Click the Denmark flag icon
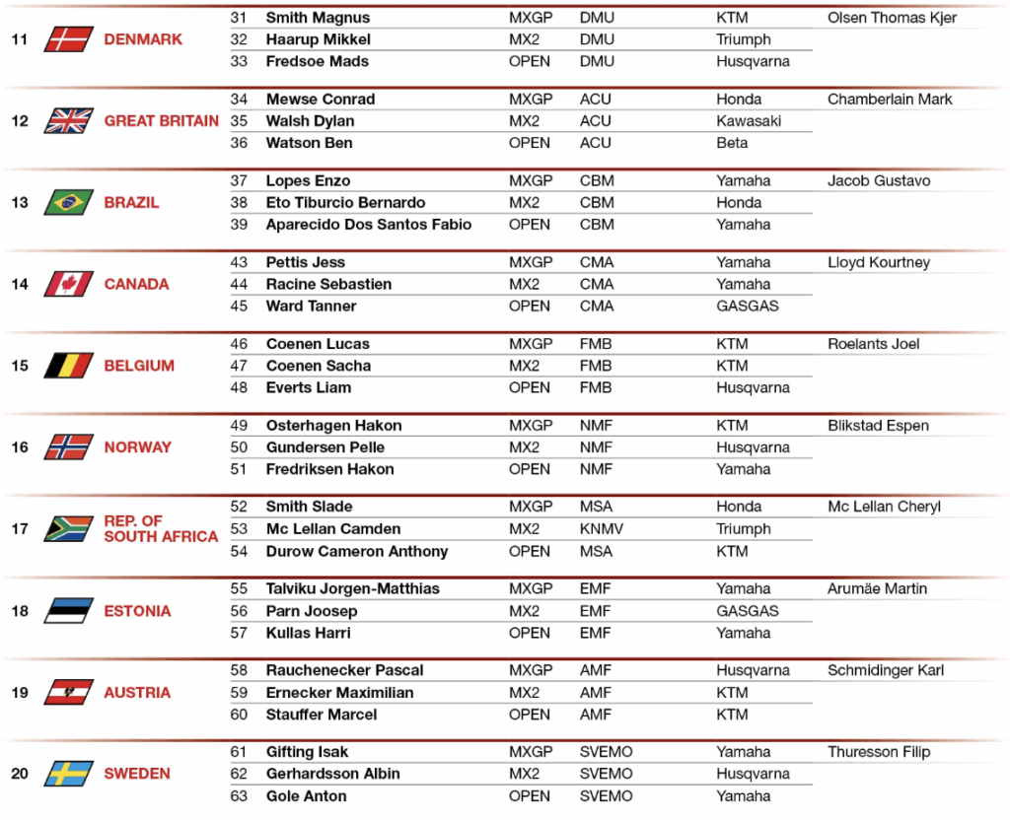(68, 39)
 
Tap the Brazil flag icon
(68, 203)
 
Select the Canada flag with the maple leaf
(68, 284)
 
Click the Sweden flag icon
(68, 774)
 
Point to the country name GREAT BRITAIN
(162, 121)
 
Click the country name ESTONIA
(137, 611)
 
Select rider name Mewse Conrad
(321, 100)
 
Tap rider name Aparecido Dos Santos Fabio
(369, 225)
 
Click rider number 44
(240, 285)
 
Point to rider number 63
(240, 796)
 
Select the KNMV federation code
(602, 529)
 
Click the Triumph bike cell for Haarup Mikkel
(744, 40)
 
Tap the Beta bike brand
(732, 144)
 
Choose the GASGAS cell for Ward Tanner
(748, 307)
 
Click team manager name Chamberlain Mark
(890, 100)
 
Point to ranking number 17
(20, 529)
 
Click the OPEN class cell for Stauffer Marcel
(530, 715)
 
